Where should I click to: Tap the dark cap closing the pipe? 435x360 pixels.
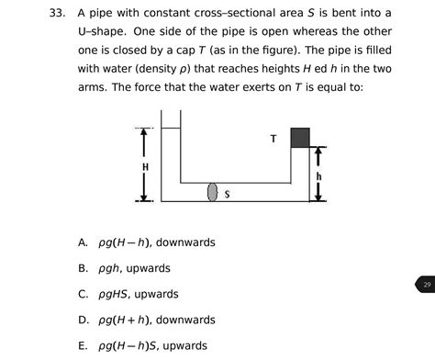[x=299, y=138]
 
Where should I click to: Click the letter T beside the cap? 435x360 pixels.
[x=273, y=139]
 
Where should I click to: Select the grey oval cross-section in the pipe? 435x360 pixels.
[x=213, y=192]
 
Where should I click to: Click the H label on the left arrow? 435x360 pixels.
[x=145, y=166]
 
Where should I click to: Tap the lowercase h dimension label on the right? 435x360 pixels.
[x=318, y=175]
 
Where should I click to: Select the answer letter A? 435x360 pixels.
[x=83, y=243]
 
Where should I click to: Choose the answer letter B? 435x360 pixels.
[x=83, y=269]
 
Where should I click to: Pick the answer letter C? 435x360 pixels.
[x=83, y=295]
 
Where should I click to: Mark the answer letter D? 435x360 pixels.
[x=83, y=321]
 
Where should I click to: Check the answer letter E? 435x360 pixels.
[x=83, y=346]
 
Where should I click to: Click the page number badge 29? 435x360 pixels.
[x=424, y=286]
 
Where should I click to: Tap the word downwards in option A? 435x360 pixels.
[x=185, y=243]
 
